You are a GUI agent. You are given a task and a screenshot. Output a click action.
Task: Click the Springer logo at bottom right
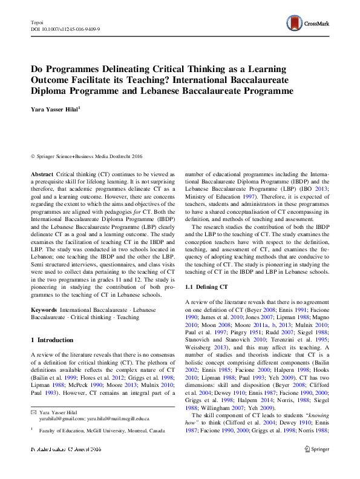[x=317, y=466]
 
